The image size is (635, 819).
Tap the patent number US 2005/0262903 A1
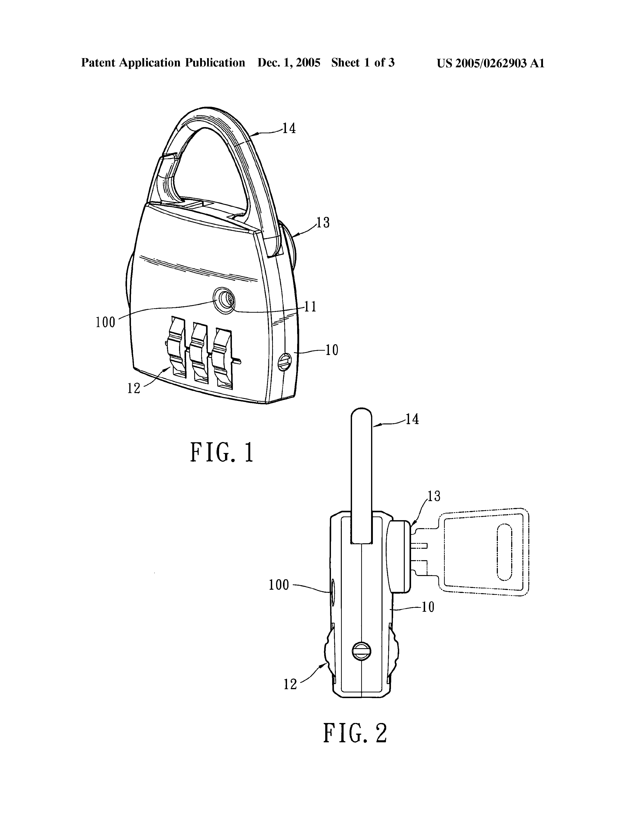click(x=490, y=63)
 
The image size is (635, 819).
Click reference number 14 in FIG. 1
click(x=289, y=129)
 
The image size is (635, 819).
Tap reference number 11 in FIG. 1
click(x=310, y=307)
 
